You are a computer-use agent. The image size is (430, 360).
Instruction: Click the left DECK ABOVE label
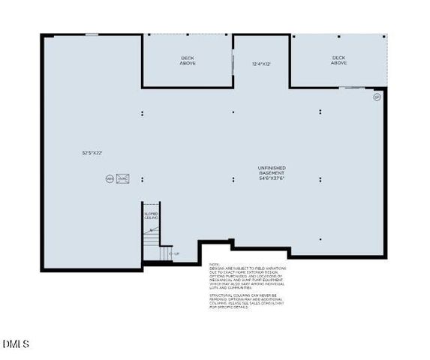pos(188,61)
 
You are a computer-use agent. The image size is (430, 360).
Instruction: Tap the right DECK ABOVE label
pos(339,60)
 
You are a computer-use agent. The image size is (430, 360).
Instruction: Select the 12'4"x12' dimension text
pos(261,64)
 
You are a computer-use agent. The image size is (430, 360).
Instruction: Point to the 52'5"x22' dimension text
pos(92,153)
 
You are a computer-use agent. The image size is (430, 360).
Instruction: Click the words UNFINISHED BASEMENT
pos(272,170)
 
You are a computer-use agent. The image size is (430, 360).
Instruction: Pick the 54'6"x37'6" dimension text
pos(272,178)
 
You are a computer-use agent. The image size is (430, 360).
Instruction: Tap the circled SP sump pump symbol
pos(377,96)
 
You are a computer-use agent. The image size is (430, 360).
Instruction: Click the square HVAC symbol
pos(123,178)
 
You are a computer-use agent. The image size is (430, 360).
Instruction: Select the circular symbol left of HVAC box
pos(109,178)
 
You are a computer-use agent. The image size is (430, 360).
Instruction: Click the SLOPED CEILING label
pos(151,216)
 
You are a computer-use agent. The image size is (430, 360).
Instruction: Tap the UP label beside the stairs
pos(176,254)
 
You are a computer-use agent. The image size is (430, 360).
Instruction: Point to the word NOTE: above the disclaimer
pos(214,264)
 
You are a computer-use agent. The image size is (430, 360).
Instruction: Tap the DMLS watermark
pos(15,344)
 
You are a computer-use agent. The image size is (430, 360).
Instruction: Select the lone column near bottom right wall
pos(320,240)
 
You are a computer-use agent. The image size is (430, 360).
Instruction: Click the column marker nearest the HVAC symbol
pos(143,179)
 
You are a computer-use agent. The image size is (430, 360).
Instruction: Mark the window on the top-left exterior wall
pos(92,34)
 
